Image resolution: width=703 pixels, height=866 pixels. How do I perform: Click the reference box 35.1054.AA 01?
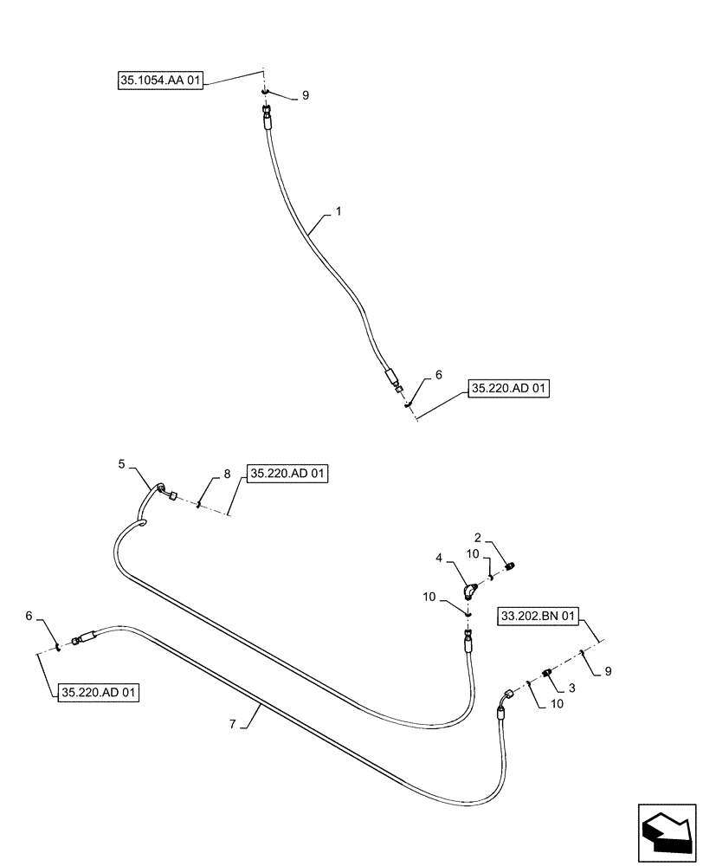tap(160, 81)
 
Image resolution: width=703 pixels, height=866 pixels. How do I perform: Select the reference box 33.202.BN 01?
tap(538, 617)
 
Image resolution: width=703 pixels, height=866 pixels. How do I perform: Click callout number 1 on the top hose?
tap(339, 210)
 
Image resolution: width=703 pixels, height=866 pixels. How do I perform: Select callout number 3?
tap(571, 688)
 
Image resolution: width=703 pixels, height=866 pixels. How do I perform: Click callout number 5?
tap(122, 465)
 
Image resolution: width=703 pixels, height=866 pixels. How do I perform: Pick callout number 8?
tap(227, 474)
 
